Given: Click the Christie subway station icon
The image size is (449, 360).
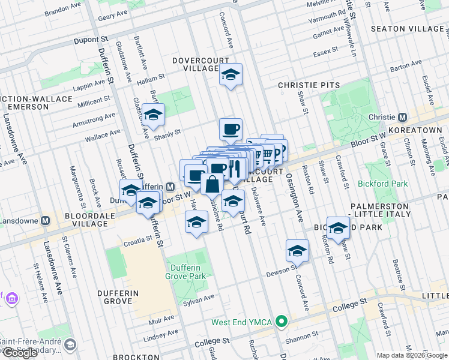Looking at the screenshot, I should tap(403, 117).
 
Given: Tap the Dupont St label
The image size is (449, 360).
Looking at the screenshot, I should tap(90, 40).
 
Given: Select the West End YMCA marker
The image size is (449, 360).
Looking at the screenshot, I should tap(280, 322).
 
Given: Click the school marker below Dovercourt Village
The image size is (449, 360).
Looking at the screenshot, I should tap(230, 75).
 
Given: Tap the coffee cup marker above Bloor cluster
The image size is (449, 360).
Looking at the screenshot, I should tap(231, 128).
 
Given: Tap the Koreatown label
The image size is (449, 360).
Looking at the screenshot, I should tap(418, 130).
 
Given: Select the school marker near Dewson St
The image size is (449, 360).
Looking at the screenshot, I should tap(297, 251).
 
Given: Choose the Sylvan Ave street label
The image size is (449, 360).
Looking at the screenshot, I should tap(199, 298).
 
